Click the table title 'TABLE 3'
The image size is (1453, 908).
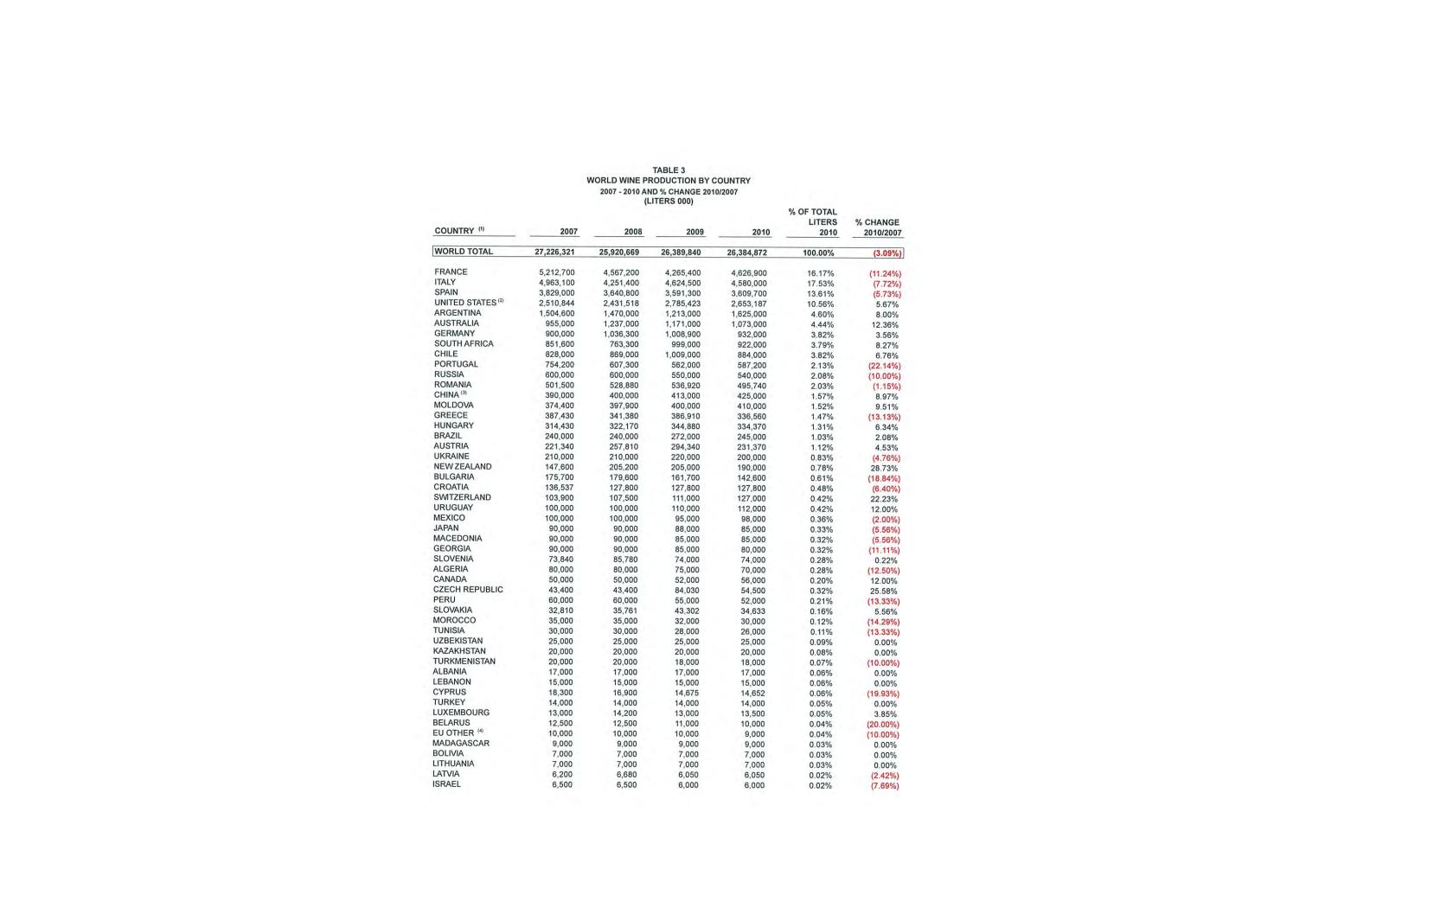pos(669,170)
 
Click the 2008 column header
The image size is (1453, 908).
pos(633,232)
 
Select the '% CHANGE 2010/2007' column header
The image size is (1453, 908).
pos(878,227)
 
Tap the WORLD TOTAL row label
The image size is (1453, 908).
pos(464,252)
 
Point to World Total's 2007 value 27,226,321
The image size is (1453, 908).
pos(554,253)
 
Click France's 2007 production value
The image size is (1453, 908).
pos(556,272)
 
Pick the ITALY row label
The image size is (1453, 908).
pos(445,282)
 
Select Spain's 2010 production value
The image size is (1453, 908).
pos(748,293)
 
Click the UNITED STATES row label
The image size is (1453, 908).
pos(465,303)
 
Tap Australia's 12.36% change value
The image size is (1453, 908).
pos(885,325)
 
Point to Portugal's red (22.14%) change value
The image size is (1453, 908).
pos(884,366)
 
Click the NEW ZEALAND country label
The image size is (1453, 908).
pos(462,467)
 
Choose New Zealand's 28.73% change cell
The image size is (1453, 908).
pos(884,468)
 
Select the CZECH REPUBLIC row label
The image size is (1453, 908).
pos(468,590)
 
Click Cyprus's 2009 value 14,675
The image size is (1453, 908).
pos(687,693)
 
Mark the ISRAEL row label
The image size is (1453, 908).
pos(446,784)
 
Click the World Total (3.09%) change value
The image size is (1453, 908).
pos(887,253)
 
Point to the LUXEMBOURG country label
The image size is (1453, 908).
pos(461,713)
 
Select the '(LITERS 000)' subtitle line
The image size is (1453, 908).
pos(669,201)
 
